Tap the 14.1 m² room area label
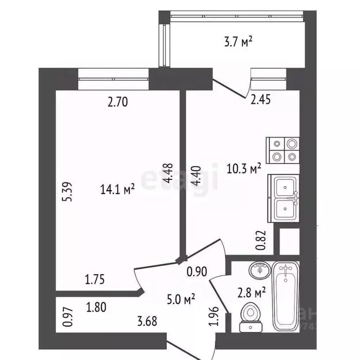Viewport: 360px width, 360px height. click(x=117, y=189)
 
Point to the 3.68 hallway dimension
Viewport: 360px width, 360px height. click(x=147, y=322)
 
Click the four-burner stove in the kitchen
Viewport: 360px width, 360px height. click(x=283, y=150)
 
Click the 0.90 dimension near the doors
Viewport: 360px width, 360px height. click(x=196, y=271)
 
